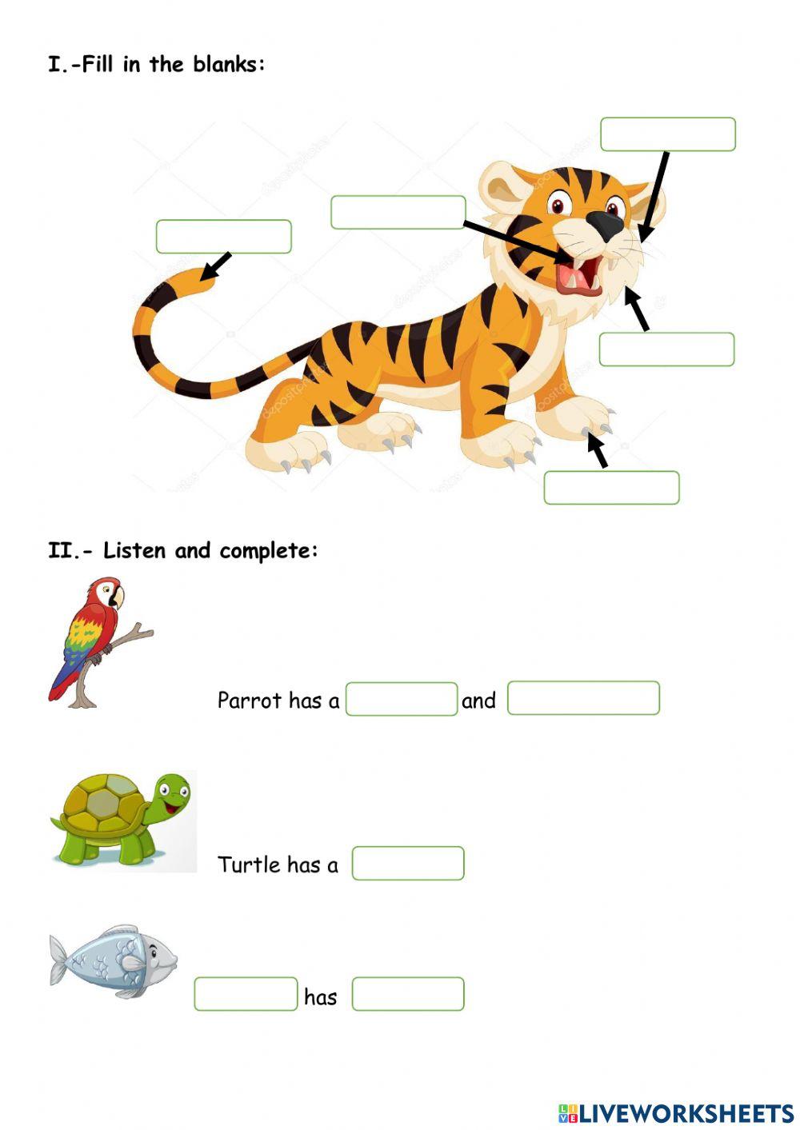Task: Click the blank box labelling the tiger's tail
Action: [223, 237]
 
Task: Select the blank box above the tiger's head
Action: [667, 134]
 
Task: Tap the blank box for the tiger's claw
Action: [611, 488]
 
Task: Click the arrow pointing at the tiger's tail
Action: [216, 266]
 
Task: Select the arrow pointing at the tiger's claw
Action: [597, 449]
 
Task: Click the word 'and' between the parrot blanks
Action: [478, 701]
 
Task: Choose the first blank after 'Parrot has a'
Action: [401, 699]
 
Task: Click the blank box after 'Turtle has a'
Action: [408, 864]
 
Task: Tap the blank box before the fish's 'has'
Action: [246, 994]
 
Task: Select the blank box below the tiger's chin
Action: [666, 349]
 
